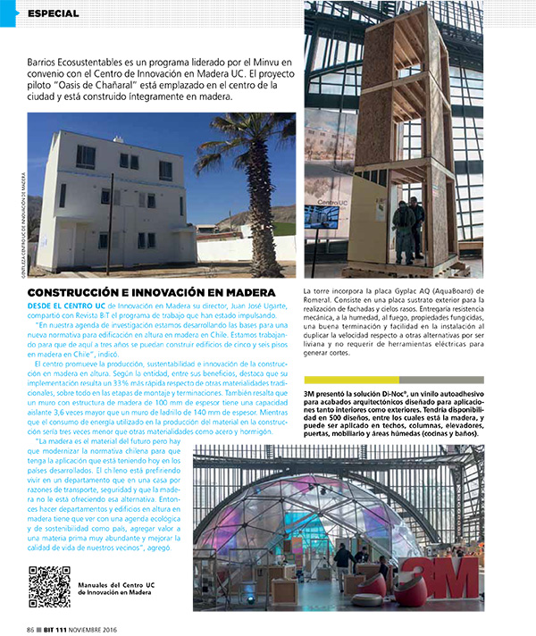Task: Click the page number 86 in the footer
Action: (x=31, y=628)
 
